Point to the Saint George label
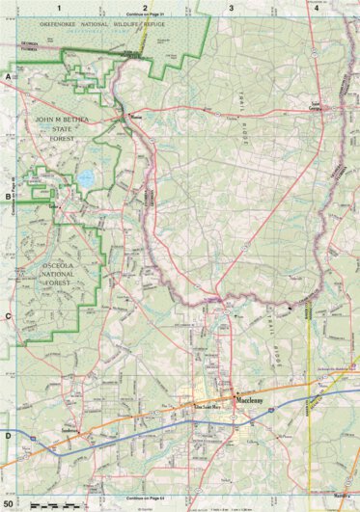click(x=315, y=104)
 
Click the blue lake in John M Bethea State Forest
click(x=85, y=178)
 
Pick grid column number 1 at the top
click(x=59, y=7)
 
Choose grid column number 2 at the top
click(x=145, y=7)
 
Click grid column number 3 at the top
click(x=231, y=7)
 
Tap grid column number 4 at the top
click(x=317, y=7)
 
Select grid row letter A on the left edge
click(x=8, y=75)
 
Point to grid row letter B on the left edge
click(x=8, y=196)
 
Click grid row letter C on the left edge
click(x=8, y=315)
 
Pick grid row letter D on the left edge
click(x=8, y=436)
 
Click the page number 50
click(x=9, y=503)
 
